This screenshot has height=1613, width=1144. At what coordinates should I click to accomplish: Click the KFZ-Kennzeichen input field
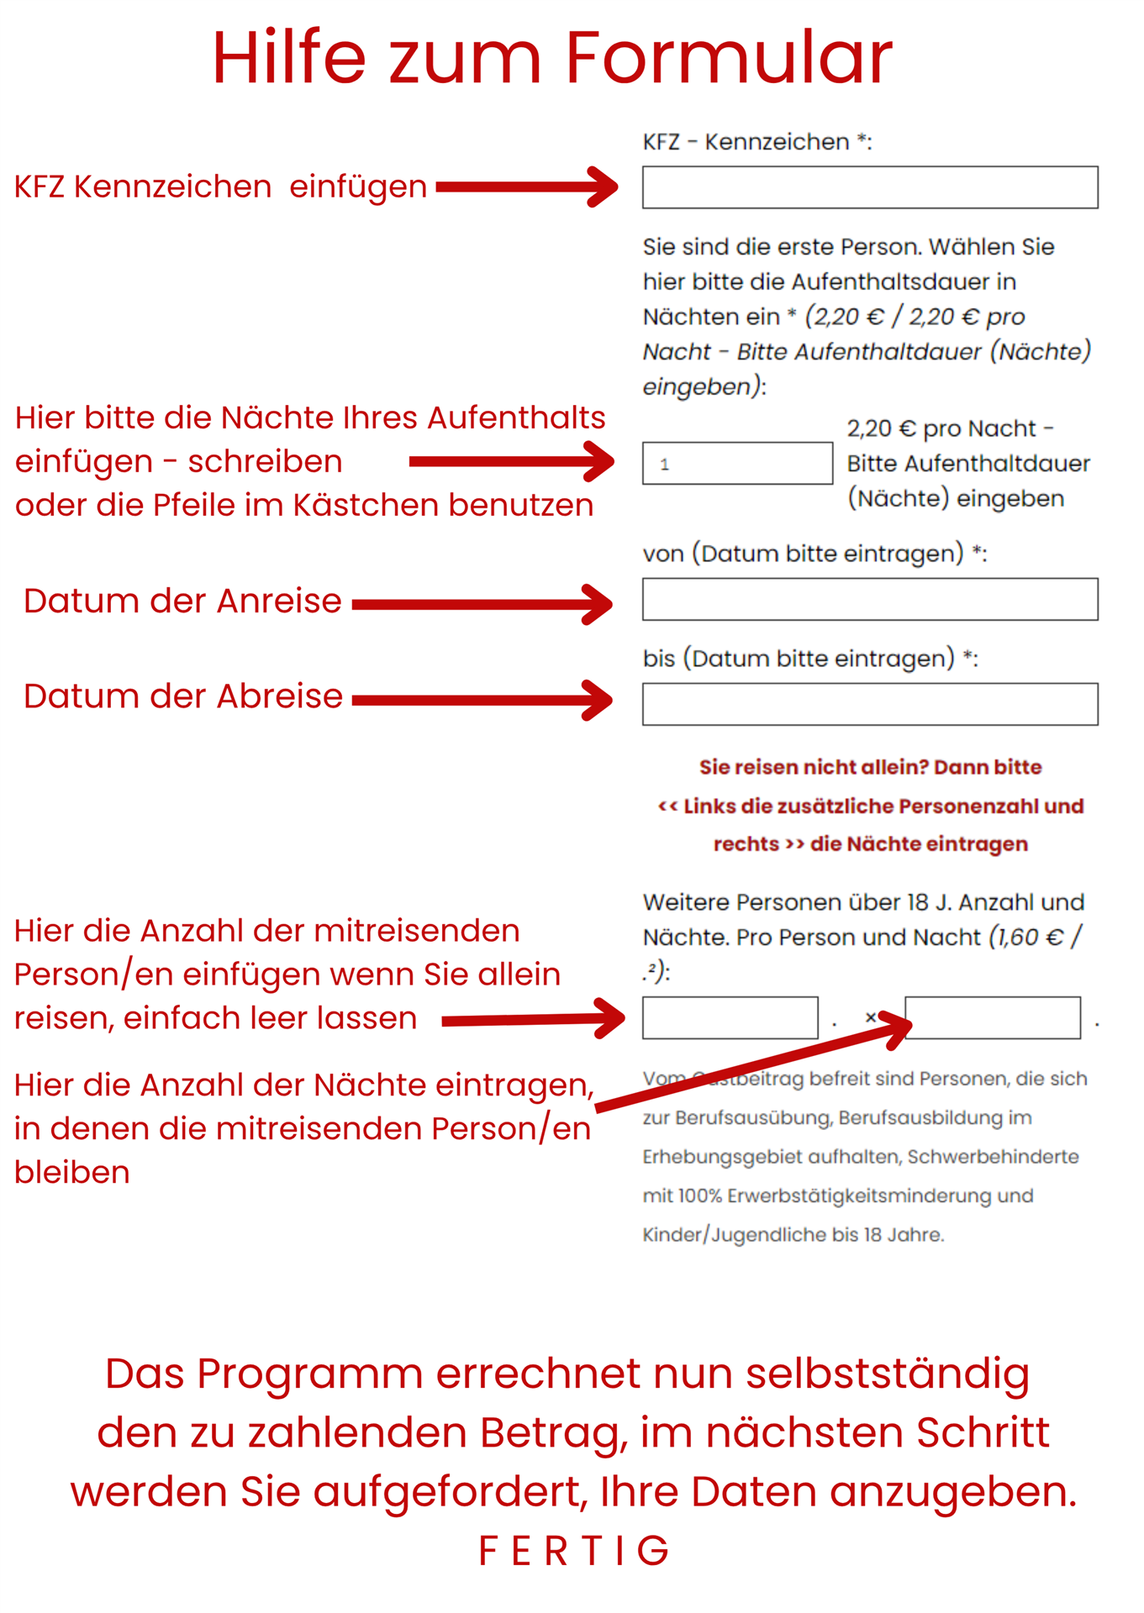coord(869,187)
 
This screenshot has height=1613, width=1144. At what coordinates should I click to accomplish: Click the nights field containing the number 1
coord(737,464)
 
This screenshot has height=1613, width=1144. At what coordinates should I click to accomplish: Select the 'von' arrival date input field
coord(869,599)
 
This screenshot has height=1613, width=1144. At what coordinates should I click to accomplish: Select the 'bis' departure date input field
coord(869,704)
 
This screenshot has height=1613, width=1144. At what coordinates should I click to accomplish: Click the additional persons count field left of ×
coord(730,1018)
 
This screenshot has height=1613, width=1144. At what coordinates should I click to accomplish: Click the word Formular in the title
coord(728,58)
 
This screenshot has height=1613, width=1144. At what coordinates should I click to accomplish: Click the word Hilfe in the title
coord(288,58)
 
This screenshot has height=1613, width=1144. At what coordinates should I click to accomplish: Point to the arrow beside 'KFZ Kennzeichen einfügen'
coord(527,187)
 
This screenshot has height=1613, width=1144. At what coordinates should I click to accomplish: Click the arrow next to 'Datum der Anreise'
coord(482,604)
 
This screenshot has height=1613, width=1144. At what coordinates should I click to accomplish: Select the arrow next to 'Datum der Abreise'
coord(482,700)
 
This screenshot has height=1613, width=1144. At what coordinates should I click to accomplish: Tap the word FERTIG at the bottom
coord(573,1551)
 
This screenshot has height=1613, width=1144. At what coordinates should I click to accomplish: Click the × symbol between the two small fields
coord(871,1017)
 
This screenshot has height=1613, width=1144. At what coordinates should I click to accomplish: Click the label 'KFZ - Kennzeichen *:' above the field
coord(757,142)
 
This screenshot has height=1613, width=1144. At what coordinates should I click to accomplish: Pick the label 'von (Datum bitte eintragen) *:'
coord(814,554)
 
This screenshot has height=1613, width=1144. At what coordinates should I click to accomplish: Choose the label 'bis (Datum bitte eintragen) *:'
coord(809,659)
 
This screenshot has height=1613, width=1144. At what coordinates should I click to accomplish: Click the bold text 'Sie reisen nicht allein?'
coord(814,767)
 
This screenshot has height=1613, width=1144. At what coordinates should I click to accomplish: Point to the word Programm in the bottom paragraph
coord(311,1374)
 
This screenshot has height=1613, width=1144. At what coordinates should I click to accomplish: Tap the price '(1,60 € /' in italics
coord(1035,937)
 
